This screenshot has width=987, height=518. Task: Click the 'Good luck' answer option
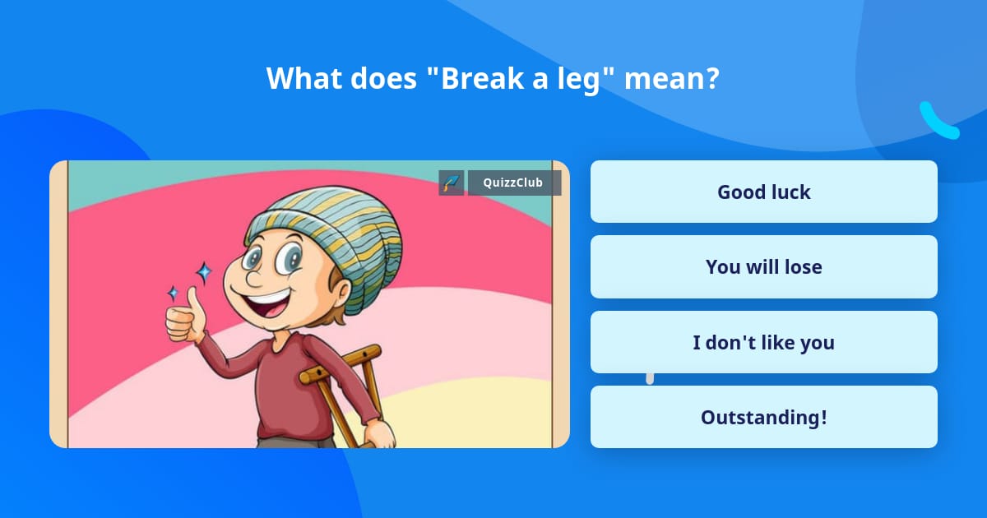pyautogui.click(x=763, y=192)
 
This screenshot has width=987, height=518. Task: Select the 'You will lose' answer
pyautogui.click(x=763, y=267)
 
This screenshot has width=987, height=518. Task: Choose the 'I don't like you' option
pyautogui.click(x=763, y=342)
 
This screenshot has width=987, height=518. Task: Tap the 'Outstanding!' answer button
pyautogui.click(x=763, y=417)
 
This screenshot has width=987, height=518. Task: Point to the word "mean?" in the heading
pyautogui.click(x=672, y=78)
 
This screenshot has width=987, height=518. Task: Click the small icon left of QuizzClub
pyautogui.click(x=452, y=183)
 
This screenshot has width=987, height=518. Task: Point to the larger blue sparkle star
pyautogui.click(x=203, y=272)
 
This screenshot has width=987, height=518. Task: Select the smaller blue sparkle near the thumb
pyautogui.click(x=174, y=293)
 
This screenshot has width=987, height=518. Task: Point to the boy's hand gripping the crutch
pyautogui.click(x=379, y=433)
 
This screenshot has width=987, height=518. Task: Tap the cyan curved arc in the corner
pyautogui.click(x=938, y=122)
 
